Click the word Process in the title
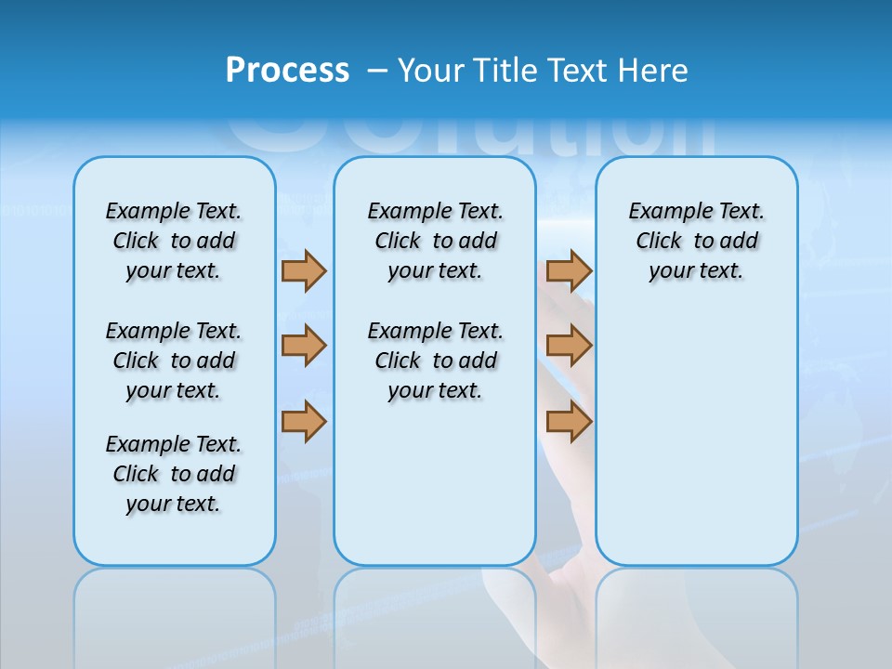tap(287, 70)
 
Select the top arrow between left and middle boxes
tap(303, 271)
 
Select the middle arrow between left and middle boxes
tap(303, 346)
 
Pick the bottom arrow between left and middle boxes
tap(303, 422)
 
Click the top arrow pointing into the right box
tap(569, 271)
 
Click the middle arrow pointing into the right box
tap(569, 346)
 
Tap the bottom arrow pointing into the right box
tap(569, 422)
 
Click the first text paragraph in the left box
tap(174, 241)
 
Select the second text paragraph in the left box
tap(174, 361)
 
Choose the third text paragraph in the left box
tap(174, 474)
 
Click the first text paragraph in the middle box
tap(435, 241)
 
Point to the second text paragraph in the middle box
tap(435, 361)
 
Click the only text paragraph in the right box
tap(696, 241)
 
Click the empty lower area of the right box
tap(696, 446)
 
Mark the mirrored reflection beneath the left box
tap(174, 613)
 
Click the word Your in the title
tap(432, 71)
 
